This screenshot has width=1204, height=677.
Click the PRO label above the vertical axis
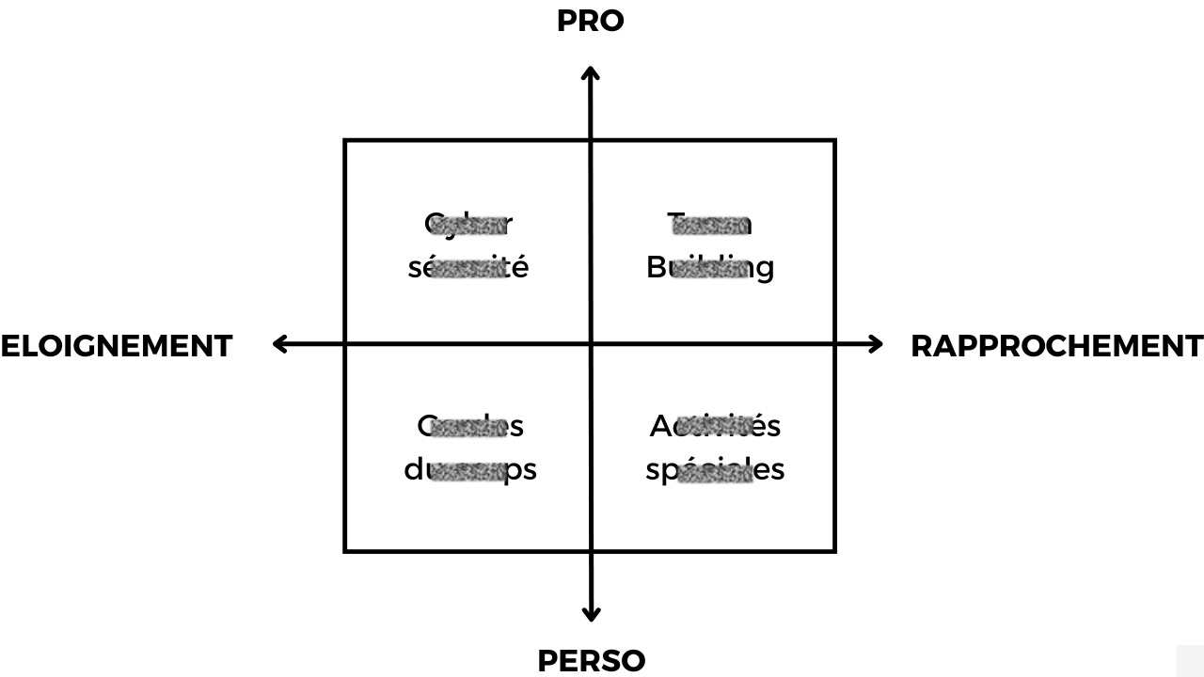click(x=590, y=21)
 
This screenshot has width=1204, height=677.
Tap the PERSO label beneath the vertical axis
click(x=591, y=661)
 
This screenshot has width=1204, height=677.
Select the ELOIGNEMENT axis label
click(x=117, y=346)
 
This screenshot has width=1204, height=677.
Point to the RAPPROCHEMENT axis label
click(x=1056, y=346)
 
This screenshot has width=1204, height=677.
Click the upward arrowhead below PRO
click(x=591, y=72)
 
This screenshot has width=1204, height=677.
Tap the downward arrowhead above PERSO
click(x=591, y=616)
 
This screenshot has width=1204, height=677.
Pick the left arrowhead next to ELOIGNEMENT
click(x=278, y=344)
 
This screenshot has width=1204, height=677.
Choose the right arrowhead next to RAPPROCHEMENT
click(x=877, y=344)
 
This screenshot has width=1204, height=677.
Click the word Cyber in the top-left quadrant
click(x=468, y=224)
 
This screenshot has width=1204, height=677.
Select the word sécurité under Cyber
click(x=468, y=267)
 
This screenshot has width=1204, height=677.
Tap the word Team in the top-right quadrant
click(x=709, y=224)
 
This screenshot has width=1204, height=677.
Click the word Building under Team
click(x=710, y=267)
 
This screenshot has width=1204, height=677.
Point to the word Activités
click(x=715, y=426)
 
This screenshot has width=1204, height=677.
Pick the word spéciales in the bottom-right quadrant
click(x=715, y=469)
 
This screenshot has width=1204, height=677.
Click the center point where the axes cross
click(x=591, y=344)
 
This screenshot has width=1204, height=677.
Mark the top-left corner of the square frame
click(x=345, y=141)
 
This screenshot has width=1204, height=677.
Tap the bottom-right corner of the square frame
click(x=834, y=550)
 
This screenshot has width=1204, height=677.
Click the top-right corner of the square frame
click(x=834, y=141)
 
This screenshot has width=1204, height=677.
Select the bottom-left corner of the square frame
click(x=345, y=550)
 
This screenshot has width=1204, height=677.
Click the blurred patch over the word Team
click(x=709, y=225)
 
